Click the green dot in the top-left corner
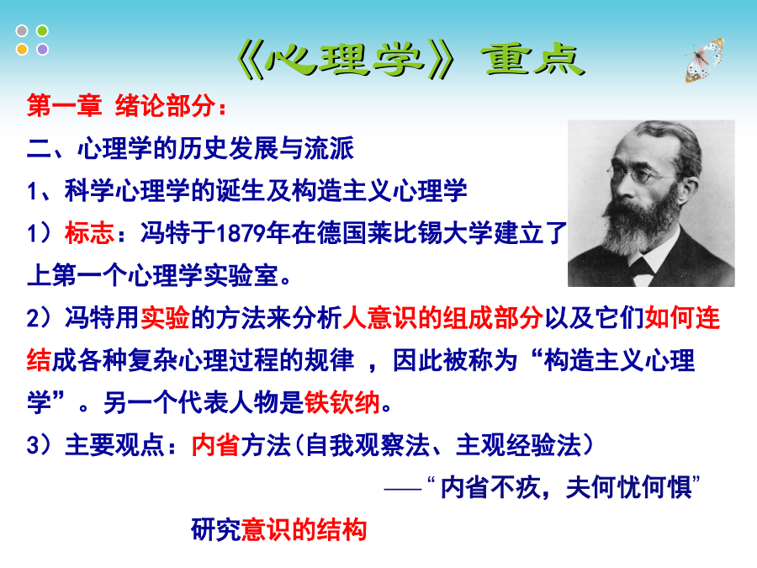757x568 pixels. [x=43, y=31]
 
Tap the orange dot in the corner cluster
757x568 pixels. [x=22, y=50]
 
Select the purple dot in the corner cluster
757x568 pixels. [x=43, y=50]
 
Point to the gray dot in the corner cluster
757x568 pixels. [x=22, y=31]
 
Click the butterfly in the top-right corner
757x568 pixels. [x=705, y=60]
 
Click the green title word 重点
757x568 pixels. [x=533, y=60]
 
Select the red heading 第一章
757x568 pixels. [x=64, y=105]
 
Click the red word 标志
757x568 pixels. [x=90, y=233]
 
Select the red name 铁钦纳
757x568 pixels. [x=342, y=402]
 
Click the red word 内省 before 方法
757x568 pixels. [x=215, y=445]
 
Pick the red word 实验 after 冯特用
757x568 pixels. [x=165, y=318]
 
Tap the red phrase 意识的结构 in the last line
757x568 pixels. [x=304, y=530]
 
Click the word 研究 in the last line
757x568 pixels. [x=216, y=530]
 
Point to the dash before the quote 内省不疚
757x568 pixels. [x=403, y=489]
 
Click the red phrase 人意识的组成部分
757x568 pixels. [x=443, y=318]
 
